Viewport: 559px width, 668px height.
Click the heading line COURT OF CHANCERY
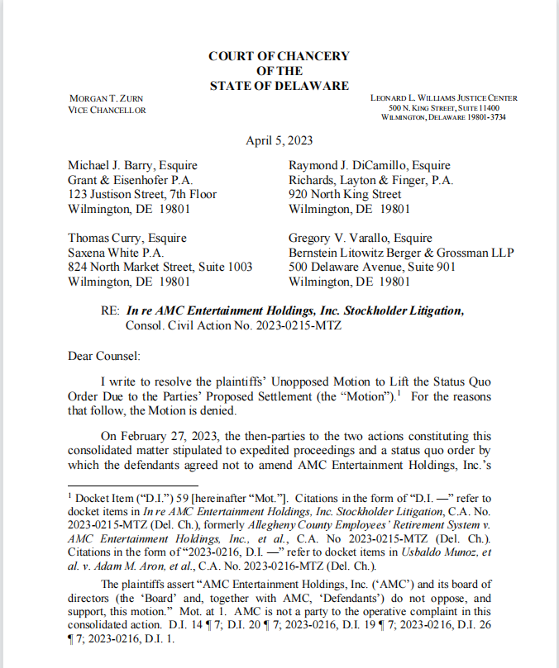pos(279,56)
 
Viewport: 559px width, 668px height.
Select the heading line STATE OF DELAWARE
pos(279,86)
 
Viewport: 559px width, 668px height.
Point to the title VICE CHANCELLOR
pos(107,111)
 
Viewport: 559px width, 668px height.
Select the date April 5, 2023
pos(279,140)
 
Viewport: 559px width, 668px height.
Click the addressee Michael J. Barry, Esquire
pos(132,165)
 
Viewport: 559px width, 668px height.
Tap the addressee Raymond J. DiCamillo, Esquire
pos(370,165)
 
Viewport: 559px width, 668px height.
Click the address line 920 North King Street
pos(345,195)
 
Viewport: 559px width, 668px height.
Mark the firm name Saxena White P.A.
pos(115,253)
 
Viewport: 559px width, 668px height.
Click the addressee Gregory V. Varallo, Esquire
pos(361,238)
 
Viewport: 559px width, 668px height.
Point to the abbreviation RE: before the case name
pos(110,310)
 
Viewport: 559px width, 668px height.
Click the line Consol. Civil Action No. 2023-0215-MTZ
pos(233,325)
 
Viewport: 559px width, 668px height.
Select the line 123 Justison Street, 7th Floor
pos(142,195)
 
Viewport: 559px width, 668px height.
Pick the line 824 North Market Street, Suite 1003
pos(160,268)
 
